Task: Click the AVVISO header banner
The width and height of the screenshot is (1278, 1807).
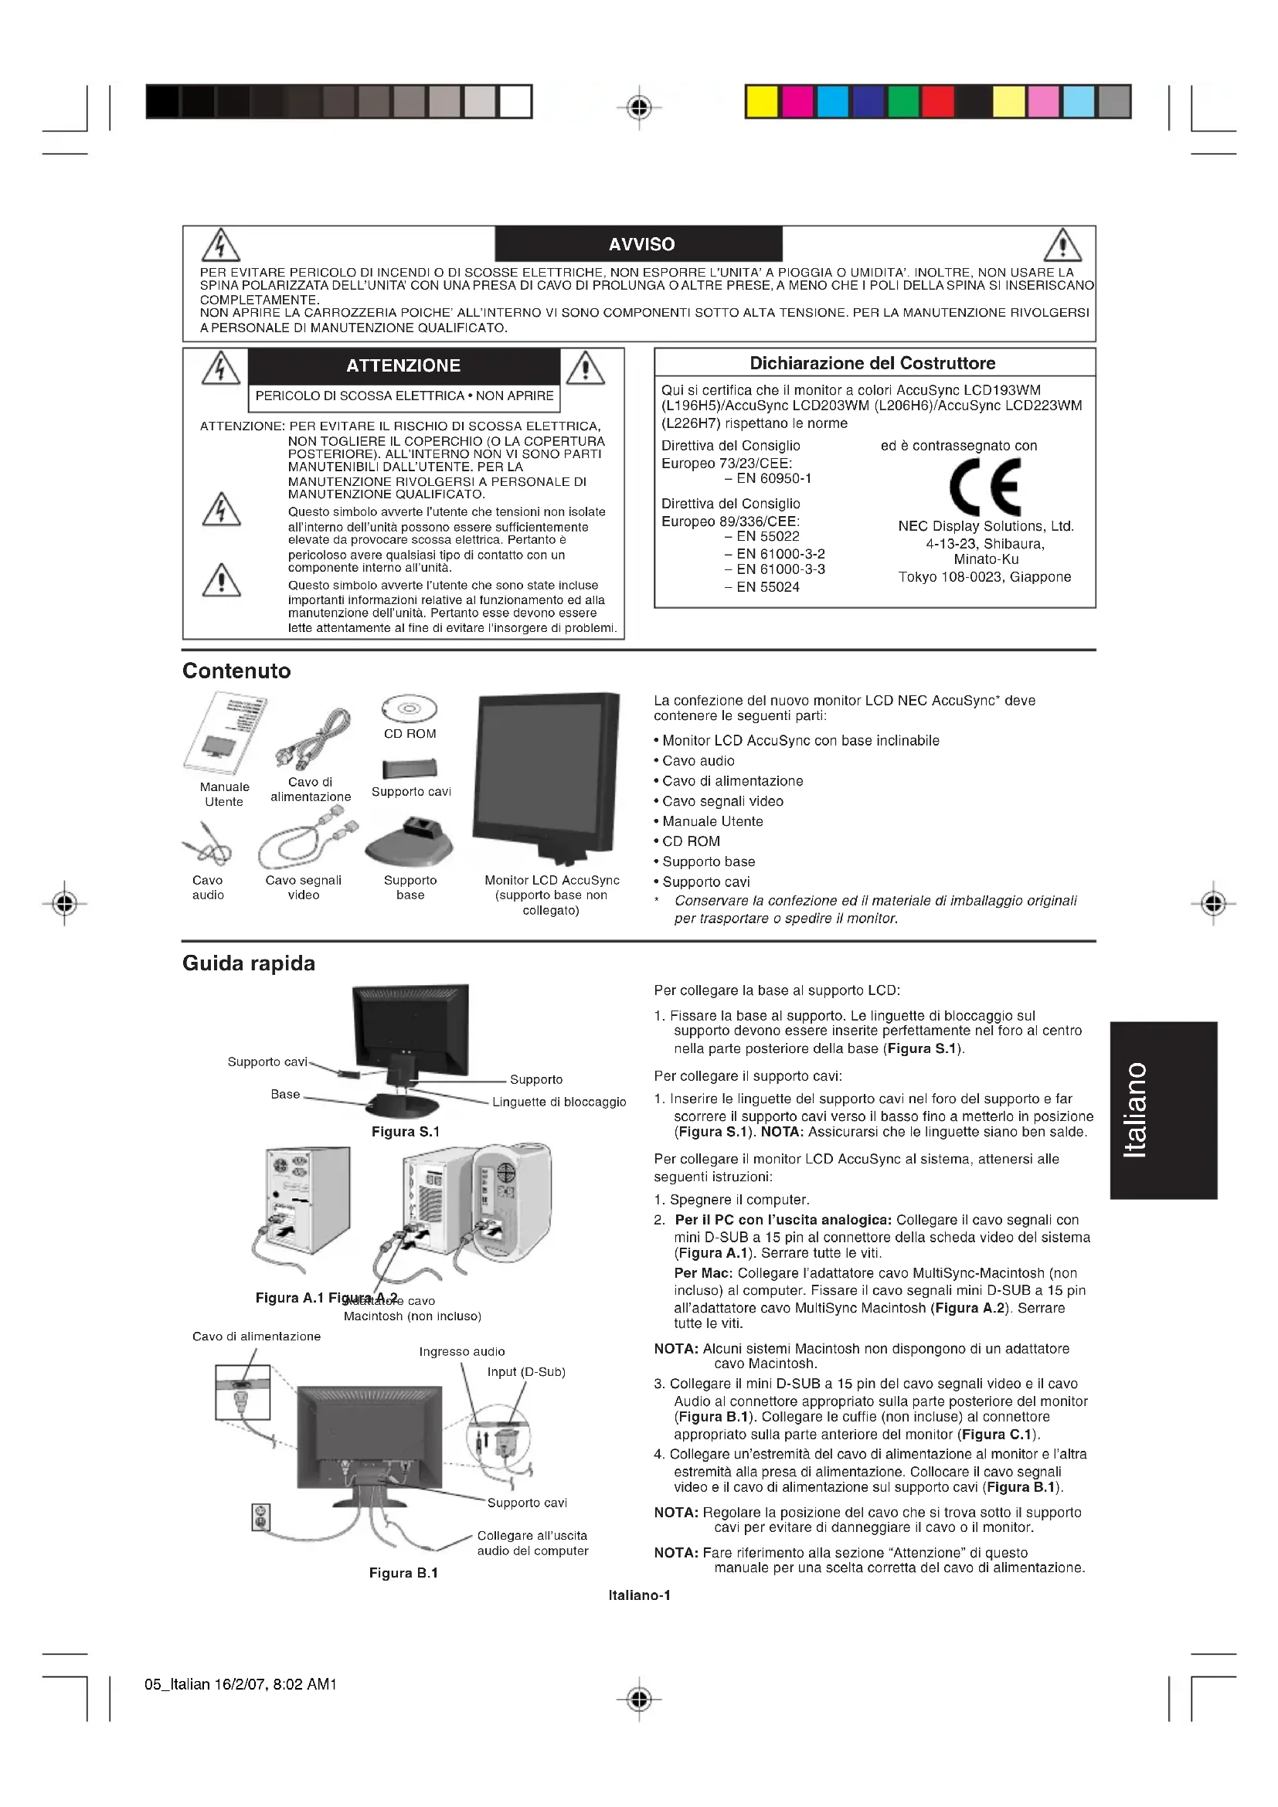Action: [x=639, y=244]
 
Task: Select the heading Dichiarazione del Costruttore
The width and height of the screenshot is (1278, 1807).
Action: [x=872, y=363]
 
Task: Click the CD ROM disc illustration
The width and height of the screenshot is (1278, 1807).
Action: [x=410, y=709]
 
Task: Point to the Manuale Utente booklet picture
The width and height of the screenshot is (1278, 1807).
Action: [x=226, y=733]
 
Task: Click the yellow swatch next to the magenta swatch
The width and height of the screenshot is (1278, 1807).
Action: [x=762, y=102]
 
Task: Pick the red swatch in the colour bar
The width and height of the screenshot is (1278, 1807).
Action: [x=938, y=102]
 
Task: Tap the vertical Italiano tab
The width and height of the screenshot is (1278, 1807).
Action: [x=1163, y=1109]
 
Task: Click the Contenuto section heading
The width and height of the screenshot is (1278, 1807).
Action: [x=237, y=671]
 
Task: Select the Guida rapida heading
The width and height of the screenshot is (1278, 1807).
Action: [x=249, y=963]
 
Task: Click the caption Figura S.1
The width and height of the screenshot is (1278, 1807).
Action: [x=406, y=1131]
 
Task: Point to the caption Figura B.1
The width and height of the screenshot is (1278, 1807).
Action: [x=403, y=1572]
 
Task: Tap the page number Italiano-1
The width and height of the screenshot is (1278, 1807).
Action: [x=639, y=1595]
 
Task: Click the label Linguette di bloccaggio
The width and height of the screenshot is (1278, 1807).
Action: [x=559, y=1102]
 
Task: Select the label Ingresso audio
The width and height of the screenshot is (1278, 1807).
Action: [x=462, y=1351]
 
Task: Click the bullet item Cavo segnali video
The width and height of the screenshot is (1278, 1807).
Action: [x=722, y=801]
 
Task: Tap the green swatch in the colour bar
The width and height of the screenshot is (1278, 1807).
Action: [x=903, y=102]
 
